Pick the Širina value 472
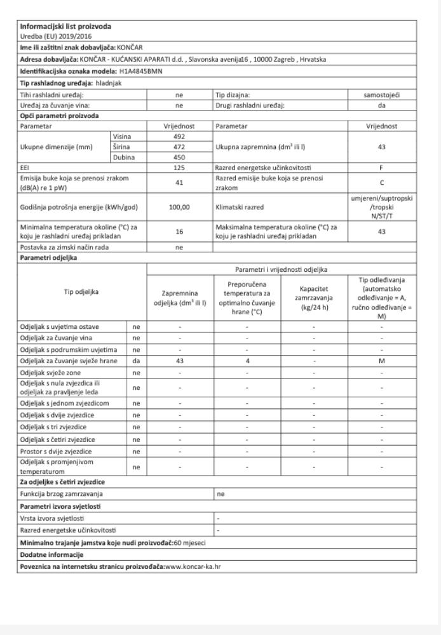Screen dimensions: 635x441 pos(179,146)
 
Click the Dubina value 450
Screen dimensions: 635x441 pos(179,156)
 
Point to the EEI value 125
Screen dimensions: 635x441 pos(179,167)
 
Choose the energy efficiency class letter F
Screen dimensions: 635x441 pos(381,167)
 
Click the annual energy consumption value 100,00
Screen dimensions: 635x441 pos(179,207)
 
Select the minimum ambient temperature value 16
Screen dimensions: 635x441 pos(179,232)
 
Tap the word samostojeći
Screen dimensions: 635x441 pos(381,94)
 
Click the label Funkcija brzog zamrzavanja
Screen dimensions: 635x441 pos(62,492)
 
